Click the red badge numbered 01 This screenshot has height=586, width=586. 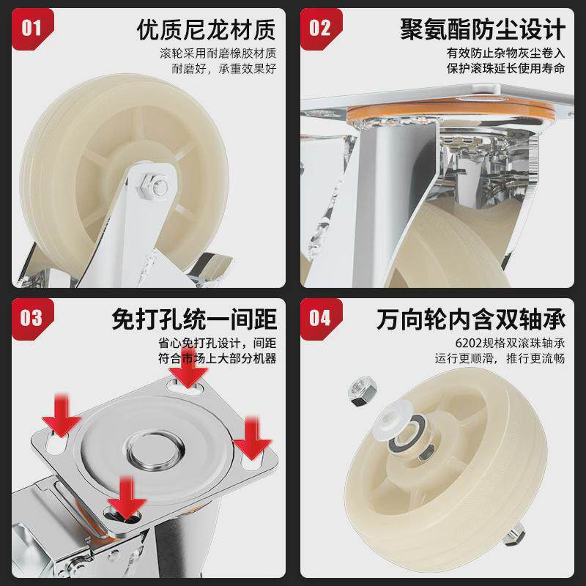[x=31, y=28]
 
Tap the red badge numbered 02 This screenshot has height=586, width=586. [x=320, y=28]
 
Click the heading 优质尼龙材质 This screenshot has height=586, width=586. [x=206, y=29]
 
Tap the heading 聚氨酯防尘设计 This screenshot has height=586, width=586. [x=483, y=29]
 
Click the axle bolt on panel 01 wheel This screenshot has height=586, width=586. [x=156, y=185]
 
